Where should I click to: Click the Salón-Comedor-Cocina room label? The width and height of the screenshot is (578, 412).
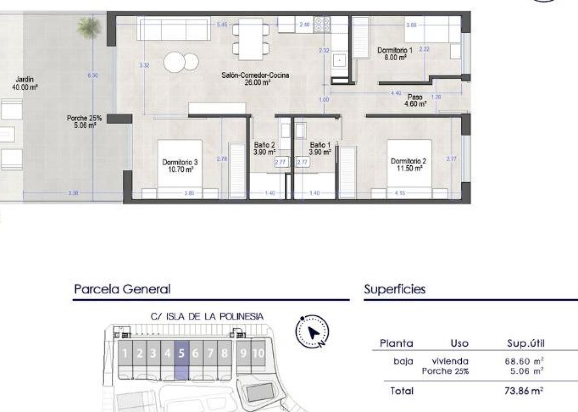point(255,78)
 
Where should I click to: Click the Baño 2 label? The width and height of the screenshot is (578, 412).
point(264,149)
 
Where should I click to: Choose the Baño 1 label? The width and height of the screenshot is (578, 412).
point(320,149)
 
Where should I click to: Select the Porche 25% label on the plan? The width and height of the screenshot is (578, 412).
point(84,122)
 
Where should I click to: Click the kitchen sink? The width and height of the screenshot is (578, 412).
point(339,61)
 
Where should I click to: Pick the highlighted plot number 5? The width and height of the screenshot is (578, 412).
point(181,353)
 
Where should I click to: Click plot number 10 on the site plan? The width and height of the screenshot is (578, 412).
point(259,353)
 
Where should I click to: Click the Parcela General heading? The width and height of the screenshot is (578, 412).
point(122,289)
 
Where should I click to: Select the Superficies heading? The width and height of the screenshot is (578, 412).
point(395,289)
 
